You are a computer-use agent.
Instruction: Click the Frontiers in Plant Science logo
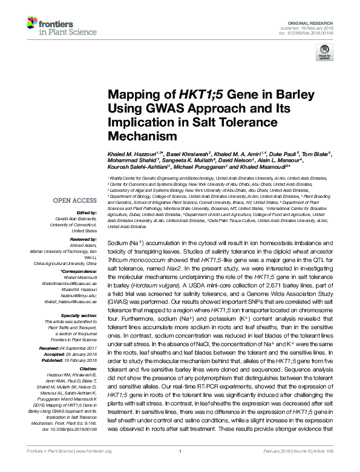coord(48,25)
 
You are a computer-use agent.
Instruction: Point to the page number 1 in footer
coord(181,468)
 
